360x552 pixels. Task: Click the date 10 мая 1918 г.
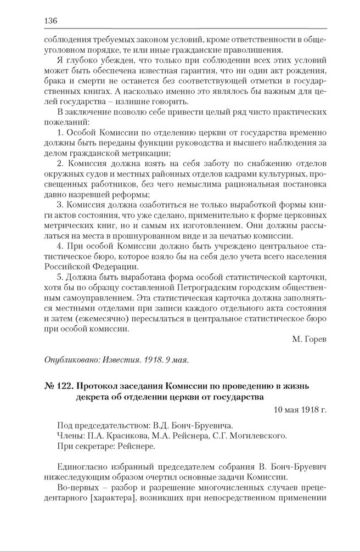(299, 409)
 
